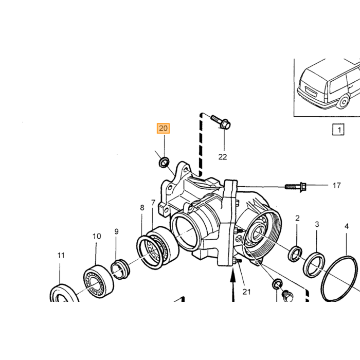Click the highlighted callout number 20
[163, 128]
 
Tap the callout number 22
[223, 157]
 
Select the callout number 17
[336, 186]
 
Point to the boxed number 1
[338, 130]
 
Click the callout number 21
[246, 292]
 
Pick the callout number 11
[61, 255]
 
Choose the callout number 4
[347, 226]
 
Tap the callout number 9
[116, 231]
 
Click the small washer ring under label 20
[164, 162]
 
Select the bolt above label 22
[221, 123]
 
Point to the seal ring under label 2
[295, 254]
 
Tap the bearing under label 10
[98, 281]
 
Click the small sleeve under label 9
[120, 269]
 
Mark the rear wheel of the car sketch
[343, 102]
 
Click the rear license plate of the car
[311, 92]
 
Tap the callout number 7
[153, 203]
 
